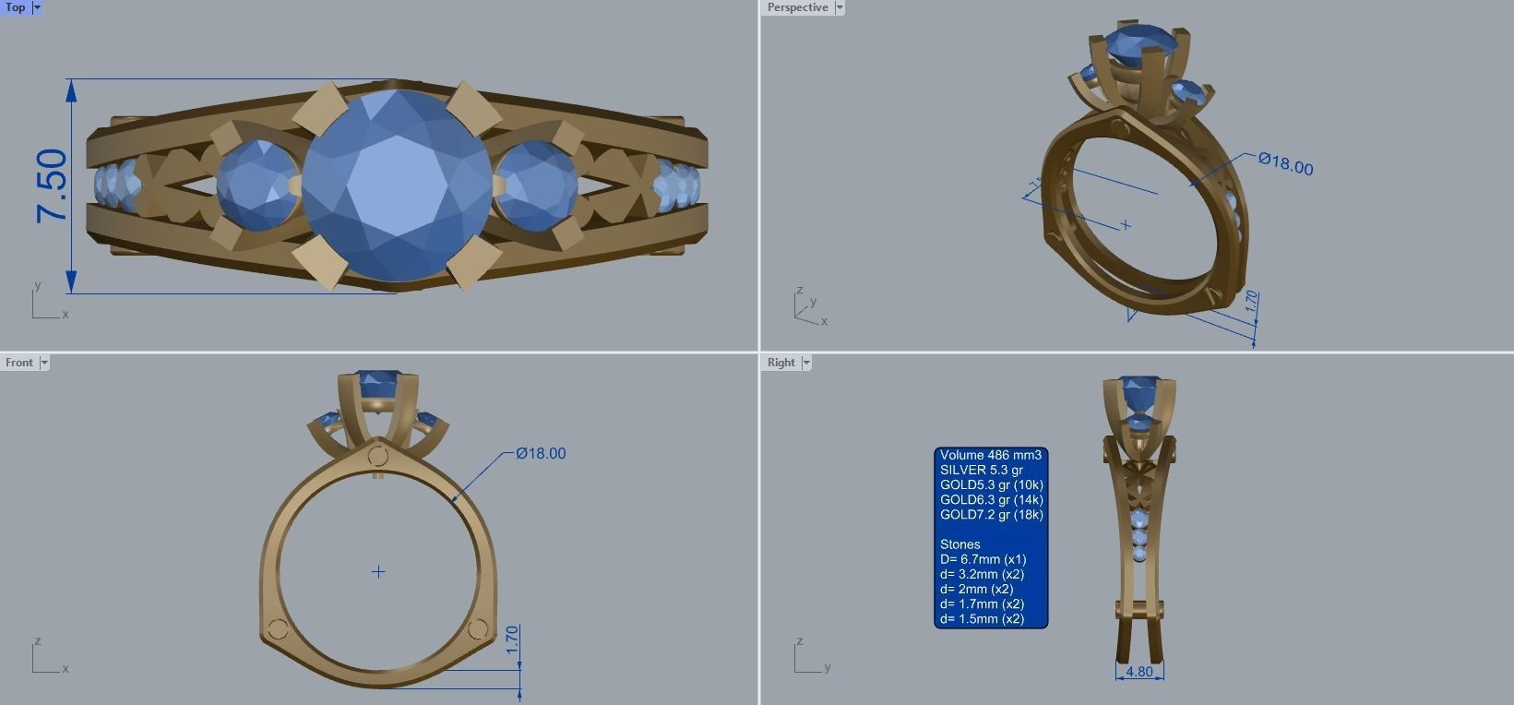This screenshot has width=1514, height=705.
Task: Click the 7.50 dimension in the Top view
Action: [x=53, y=185]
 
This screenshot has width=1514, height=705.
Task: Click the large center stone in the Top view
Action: [x=397, y=185]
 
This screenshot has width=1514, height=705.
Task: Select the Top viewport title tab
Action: [x=16, y=7]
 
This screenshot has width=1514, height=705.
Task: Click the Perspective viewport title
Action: [x=797, y=7]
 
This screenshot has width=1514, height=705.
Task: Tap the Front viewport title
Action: [x=18, y=363]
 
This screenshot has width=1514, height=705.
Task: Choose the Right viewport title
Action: [x=781, y=363]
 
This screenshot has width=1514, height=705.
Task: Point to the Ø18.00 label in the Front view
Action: [x=541, y=453]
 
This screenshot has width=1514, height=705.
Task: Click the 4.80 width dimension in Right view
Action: [x=1139, y=672]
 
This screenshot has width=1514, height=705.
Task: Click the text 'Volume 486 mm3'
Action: [x=990, y=455]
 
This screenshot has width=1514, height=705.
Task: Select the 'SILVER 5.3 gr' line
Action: [x=981, y=470]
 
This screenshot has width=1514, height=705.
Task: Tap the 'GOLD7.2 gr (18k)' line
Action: [x=991, y=515]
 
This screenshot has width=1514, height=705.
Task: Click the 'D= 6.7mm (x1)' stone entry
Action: [x=983, y=559]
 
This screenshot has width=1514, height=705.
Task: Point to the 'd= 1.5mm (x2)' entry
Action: [x=982, y=618]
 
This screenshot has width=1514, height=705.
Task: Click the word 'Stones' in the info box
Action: [x=960, y=544]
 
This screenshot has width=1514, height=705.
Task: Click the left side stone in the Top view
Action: [x=259, y=185]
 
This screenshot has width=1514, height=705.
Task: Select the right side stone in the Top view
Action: [x=536, y=185]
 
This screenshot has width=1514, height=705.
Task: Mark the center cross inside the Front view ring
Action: [x=378, y=572]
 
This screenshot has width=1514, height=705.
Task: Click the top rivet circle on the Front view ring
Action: [x=377, y=456]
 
